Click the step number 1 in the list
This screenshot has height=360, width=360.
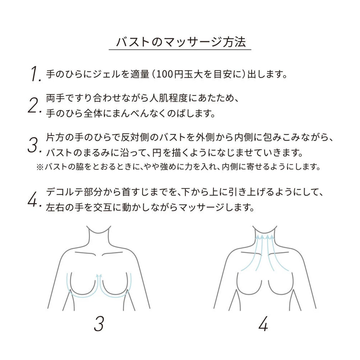[36, 74]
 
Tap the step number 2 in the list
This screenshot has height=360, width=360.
[34, 106]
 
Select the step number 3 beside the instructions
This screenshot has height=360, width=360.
[34, 145]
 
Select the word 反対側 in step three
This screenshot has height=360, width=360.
[135, 137]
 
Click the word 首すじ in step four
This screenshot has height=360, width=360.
[135, 192]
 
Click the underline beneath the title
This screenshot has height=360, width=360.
[180, 50]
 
